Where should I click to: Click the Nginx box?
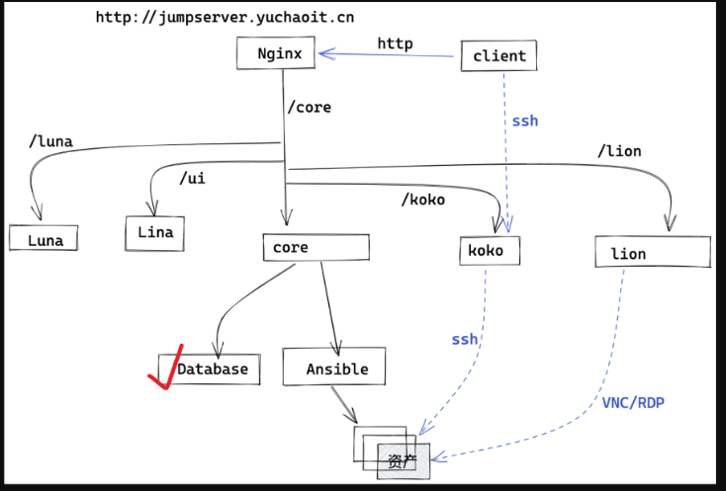pyautogui.click(x=275, y=53)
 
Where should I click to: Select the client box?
pyautogui.click(x=499, y=56)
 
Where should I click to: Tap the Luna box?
pyautogui.click(x=44, y=239)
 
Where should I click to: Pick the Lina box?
pyautogui.click(x=154, y=233)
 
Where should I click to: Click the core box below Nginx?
pyautogui.click(x=316, y=248)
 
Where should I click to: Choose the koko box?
pyautogui.click(x=489, y=251)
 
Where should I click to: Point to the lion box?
pyautogui.click(x=652, y=253)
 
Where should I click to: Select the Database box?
pyautogui.click(x=211, y=368)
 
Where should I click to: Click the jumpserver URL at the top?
pyautogui.click(x=225, y=17)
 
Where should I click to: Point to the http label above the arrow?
pyautogui.click(x=394, y=43)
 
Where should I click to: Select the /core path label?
pyautogui.click(x=309, y=107)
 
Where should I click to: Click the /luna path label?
pyautogui.click(x=51, y=142)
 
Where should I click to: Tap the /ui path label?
pyautogui.click(x=194, y=179)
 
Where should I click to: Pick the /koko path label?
pyautogui.click(x=422, y=200)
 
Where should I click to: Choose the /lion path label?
pyautogui.click(x=618, y=151)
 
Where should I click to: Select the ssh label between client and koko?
pyautogui.click(x=524, y=121)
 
